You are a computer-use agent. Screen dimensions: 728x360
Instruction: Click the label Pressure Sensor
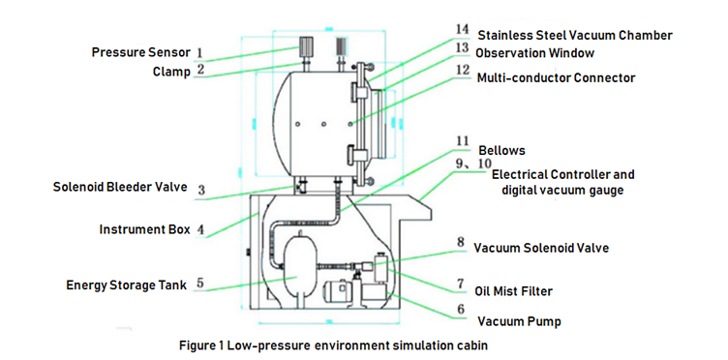click(x=141, y=52)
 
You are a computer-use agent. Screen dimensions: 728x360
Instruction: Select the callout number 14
click(x=462, y=30)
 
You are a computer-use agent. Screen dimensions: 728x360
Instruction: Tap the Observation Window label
click(x=534, y=53)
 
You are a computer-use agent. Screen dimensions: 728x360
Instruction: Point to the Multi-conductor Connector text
click(x=557, y=78)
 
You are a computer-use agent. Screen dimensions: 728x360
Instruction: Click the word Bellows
click(x=501, y=150)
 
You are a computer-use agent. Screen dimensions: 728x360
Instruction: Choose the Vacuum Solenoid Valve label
click(x=541, y=248)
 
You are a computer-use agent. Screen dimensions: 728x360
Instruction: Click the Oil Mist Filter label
click(x=513, y=291)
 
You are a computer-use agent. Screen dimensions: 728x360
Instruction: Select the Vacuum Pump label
click(x=520, y=321)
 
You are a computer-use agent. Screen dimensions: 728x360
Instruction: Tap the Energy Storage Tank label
click(x=126, y=285)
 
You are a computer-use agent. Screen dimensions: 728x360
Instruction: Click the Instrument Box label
click(x=145, y=229)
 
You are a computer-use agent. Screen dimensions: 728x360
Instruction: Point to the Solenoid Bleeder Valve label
click(x=120, y=187)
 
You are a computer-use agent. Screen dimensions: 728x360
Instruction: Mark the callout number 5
click(x=199, y=284)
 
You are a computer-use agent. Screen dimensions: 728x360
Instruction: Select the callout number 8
click(x=460, y=243)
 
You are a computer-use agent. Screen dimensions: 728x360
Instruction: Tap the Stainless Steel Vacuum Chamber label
click(x=575, y=35)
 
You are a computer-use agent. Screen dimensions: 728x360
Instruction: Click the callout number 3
click(x=201, y=191)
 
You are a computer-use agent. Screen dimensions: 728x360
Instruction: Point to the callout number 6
click(x=461, y=310)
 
